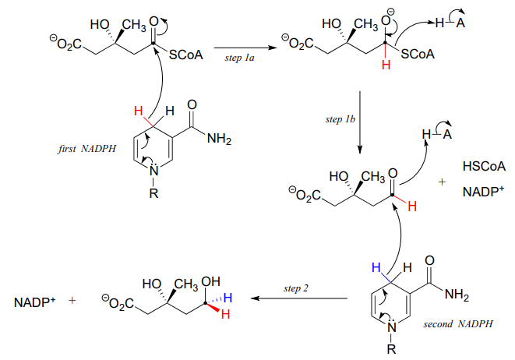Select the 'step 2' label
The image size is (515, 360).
pyautogui.click(x=297, y=288)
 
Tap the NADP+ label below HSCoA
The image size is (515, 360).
pyautogui.click(x=484, y=191)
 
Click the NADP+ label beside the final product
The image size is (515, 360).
pyautogui.click(x=35, y=300)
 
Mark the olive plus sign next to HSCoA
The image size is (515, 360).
pyautogui.click(x=443, y=181)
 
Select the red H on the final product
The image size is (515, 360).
pyautogui.click(x=225, y=314)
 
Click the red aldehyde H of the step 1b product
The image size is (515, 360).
pyautogui.click(x=412, y=206)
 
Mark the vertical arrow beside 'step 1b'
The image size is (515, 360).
pyautogui.click(x=359, y=121)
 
